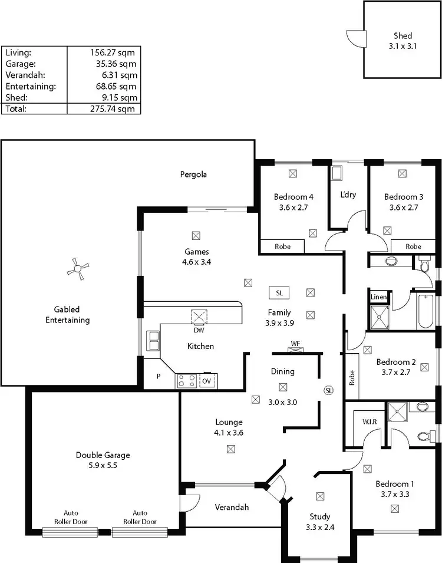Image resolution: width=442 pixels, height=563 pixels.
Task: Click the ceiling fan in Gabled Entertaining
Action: point(77,270)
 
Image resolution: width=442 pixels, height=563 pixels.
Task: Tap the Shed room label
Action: point(403,36)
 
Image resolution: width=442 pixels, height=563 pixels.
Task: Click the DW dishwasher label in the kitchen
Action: point(196,330)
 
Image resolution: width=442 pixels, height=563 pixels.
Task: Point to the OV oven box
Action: point(207,381)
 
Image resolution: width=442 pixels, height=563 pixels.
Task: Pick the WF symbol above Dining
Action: point(295,344)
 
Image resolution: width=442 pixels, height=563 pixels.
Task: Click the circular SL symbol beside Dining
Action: point(329,390)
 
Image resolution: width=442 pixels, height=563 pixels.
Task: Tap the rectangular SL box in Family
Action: point(279,292)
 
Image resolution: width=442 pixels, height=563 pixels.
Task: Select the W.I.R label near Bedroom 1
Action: point(370,422)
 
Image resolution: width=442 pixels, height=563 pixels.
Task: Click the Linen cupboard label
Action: point(378,297)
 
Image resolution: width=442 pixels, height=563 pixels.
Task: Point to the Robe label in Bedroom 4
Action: point(282,246)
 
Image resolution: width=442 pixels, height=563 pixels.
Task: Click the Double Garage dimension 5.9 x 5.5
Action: point(103,466)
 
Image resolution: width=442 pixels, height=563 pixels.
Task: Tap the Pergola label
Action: point(194,175)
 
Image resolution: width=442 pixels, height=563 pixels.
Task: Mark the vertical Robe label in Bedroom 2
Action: point(351,377)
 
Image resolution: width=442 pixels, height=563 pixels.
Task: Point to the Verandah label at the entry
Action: point(232,507)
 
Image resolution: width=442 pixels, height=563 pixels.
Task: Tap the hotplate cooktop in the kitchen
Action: point(187,381)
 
